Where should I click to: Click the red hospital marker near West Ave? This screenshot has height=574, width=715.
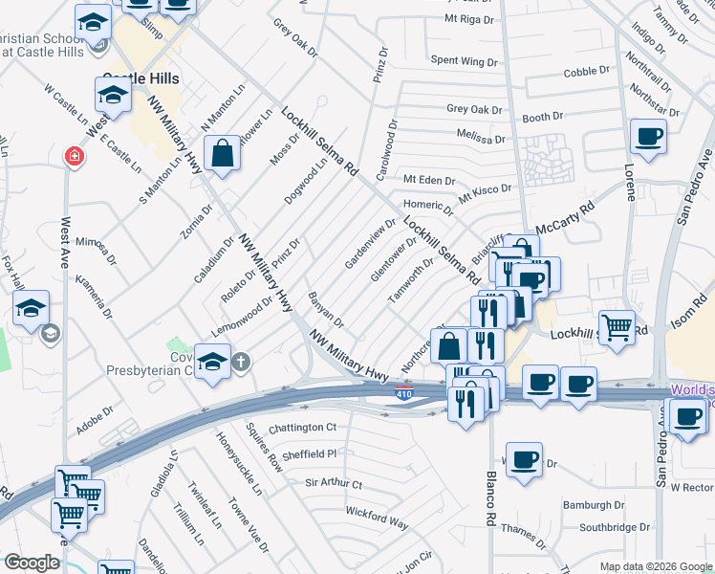click(x=73, y=156)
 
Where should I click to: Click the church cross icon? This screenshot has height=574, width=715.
click(x=242, y=362)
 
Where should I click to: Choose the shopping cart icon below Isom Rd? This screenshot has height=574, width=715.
click(x=617, y=326)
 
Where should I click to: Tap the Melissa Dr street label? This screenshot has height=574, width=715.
click(x=480, y=137)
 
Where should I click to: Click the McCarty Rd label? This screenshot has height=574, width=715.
click(x=565, y=217)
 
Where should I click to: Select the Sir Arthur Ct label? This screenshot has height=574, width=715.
click(x=334, y=485)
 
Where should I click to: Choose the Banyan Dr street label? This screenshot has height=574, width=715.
click(x=325, y=309)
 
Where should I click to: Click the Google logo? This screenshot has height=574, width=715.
click(x=32, y=563)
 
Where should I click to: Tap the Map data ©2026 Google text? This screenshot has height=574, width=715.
click(x=655, y=566)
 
